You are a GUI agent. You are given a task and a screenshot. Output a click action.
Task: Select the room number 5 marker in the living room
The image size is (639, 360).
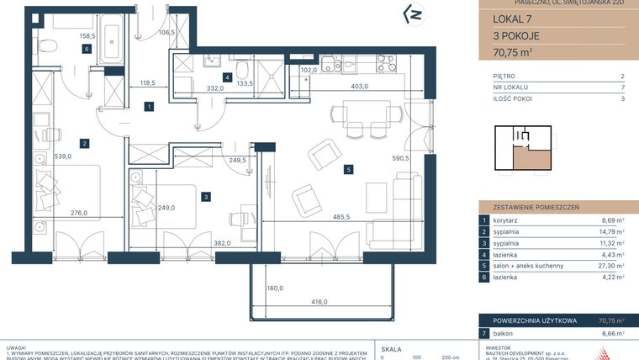pos(347,169)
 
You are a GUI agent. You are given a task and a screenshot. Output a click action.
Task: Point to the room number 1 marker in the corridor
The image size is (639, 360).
pos(148,107)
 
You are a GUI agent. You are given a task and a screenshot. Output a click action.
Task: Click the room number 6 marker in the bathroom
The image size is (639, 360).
pos(87,49)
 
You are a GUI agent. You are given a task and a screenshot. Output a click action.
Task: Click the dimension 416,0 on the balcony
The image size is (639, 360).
pos(343,302)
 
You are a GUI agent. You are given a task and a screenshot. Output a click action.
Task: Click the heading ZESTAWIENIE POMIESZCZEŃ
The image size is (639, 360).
pos(528,205)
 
